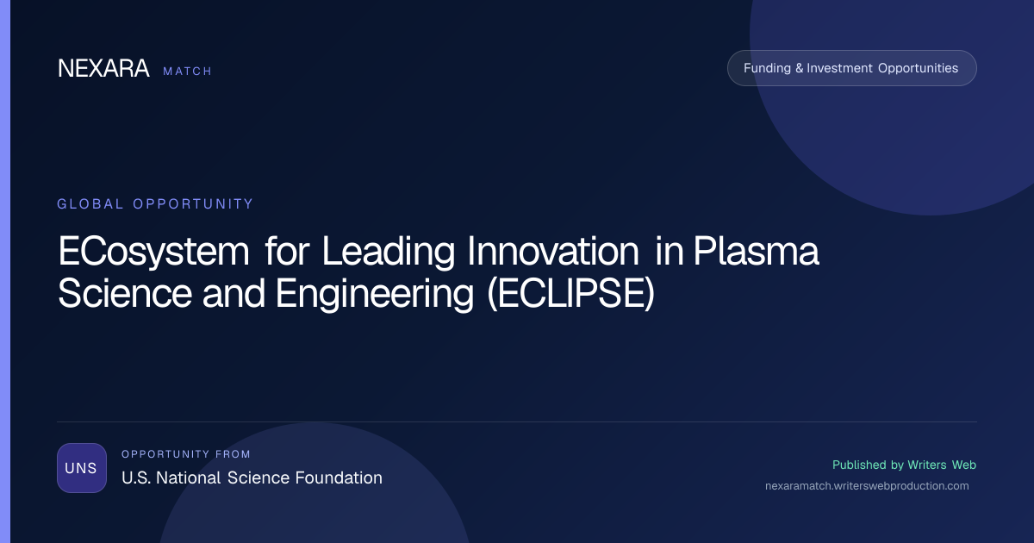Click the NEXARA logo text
pos(103,68)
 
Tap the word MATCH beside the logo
pos(188,71)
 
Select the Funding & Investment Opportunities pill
pos(851,68)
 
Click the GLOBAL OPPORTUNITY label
pos(155,203)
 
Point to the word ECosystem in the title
pos(153,252)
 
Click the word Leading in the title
pos(389,252)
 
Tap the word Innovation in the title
pos(553,251)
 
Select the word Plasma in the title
pos(757,251)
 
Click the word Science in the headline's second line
pos(125,293)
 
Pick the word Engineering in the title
pos(374,295)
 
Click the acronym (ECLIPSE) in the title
pos(571,294)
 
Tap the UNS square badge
pos(82,468)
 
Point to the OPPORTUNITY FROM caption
pos(185,454)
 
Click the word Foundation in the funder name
pos(339,477)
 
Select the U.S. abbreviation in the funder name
pos(136,477)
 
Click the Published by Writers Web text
pos(904,465)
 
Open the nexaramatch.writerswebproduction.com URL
pos(867,486)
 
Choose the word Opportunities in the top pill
pos(919,68)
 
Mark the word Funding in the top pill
pos(767,68)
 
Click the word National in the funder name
pos(189,477)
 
